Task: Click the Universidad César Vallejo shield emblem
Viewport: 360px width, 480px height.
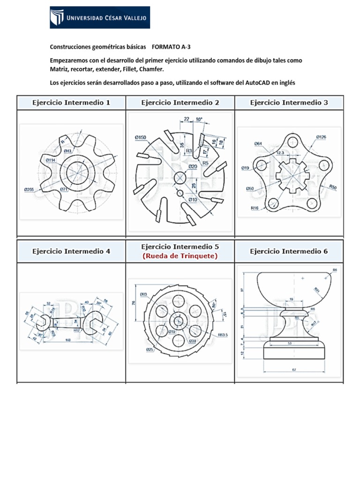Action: (x=57, y=18)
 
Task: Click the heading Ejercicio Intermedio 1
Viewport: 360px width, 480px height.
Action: (x=71, y=102)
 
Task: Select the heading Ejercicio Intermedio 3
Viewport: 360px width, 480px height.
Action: (x=289, y=102)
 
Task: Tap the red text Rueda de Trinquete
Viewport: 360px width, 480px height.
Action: (x=180, y=255)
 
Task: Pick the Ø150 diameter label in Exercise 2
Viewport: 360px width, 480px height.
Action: (x=140, y=137)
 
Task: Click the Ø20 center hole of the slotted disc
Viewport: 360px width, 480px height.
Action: (x=180, y=178)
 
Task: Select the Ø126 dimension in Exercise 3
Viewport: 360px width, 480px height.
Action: (x=321, y=137)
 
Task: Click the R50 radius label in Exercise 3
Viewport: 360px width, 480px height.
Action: (x=333, y=187)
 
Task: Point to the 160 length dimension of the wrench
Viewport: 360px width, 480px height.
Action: (x=68, y=340)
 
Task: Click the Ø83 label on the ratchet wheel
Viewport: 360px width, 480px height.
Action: (x=143, y=294)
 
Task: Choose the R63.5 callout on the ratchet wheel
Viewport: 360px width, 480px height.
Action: (x=223, y=335)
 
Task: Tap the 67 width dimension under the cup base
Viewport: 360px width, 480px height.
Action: (x=294, y=370)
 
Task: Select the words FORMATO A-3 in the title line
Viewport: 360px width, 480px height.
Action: (x=172, y=47)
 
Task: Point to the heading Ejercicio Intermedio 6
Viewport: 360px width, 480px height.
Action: (x=289, y=251)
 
